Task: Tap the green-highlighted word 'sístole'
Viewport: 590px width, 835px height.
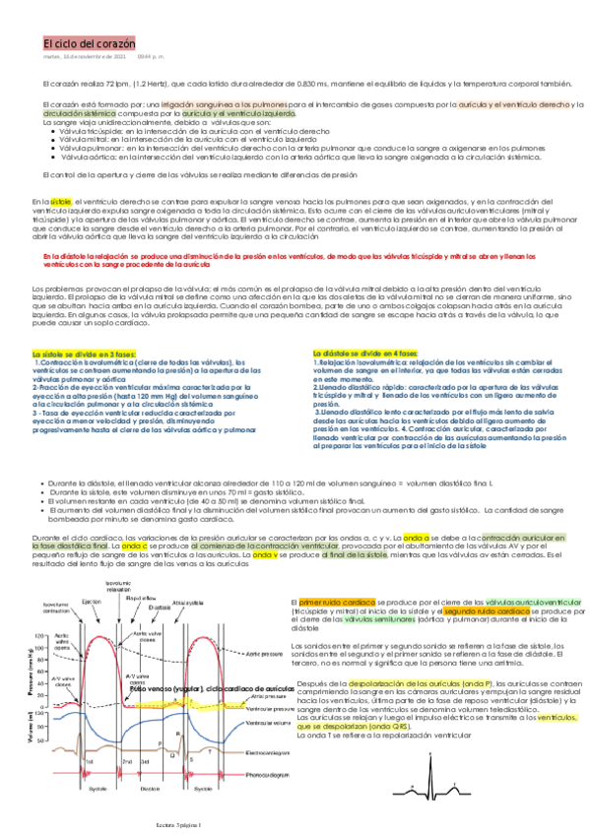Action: [61, 200]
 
